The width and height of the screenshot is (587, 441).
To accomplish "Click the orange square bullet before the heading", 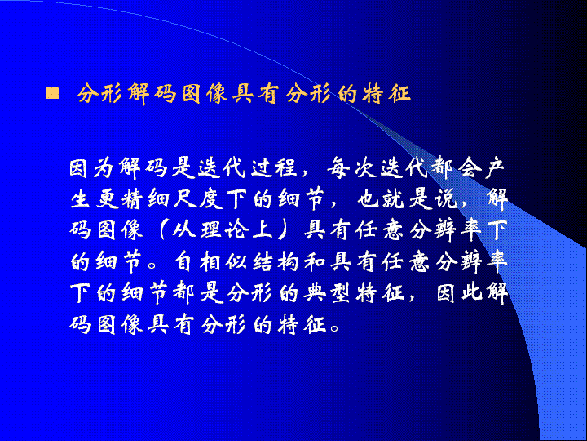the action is click(x=52, y=92).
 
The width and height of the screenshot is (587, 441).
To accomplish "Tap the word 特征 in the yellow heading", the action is click(x=386, y=93).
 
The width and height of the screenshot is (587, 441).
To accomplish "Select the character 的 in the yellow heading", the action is click(x=347, y=93).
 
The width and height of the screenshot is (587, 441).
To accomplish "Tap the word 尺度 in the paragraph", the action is click(x=198, y=199).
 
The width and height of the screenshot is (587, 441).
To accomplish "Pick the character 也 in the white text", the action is click(x=369, y=199).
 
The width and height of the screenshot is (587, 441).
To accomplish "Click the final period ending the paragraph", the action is click(x=335, y=327).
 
